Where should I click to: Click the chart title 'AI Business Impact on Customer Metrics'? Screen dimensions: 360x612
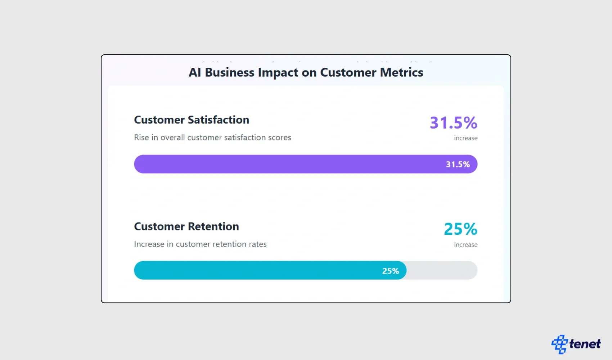306,72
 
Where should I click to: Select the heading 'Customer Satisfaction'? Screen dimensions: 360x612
192,120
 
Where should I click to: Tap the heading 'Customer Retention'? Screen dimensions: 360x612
186,226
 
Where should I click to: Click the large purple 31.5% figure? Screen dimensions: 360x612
453,122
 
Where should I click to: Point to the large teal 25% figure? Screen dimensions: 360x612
460,229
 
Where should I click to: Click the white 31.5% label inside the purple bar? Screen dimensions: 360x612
458,165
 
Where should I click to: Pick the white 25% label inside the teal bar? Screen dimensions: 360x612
390,271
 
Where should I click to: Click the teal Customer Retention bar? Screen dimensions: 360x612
252,270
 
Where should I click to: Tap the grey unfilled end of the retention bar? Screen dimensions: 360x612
442,270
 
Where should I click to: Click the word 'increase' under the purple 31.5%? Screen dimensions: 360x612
465,138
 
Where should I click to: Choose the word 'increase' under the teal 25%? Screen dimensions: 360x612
465,244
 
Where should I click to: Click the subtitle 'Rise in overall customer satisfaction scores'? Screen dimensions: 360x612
212,137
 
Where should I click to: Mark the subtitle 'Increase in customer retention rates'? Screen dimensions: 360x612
200,244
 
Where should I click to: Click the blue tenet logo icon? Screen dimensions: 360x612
559,344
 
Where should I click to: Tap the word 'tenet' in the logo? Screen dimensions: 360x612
585,344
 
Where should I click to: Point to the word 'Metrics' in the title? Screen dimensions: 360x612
401,72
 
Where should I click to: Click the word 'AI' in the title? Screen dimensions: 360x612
195,72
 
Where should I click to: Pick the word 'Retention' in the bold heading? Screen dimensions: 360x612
213,226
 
